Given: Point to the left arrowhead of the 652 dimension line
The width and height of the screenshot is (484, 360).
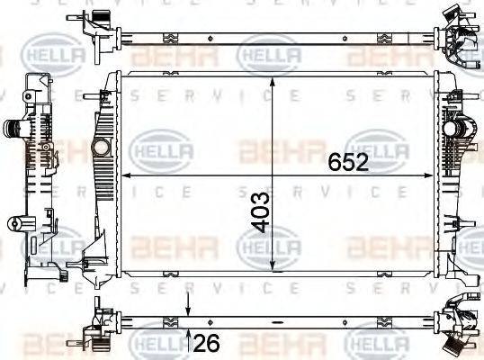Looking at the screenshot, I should tap(125, 175).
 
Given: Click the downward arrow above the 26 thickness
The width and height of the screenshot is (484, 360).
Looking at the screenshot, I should tap(186, 308).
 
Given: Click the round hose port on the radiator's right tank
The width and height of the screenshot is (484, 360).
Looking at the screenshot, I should tap(459, 131).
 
